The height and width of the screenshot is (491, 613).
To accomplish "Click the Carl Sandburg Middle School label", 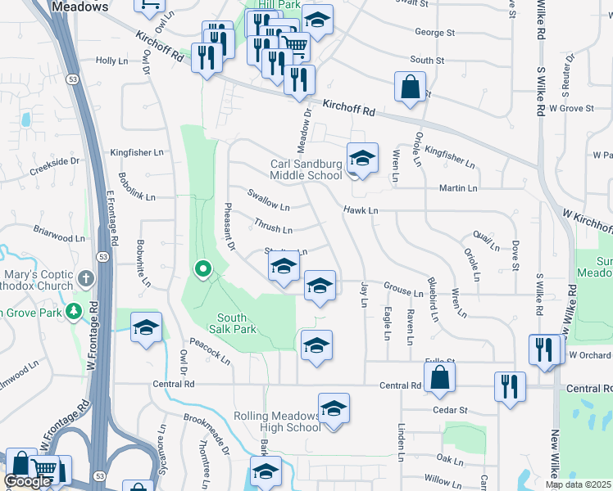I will [x=306, y=169].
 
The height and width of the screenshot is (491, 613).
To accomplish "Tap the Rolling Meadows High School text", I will [x=277, y=421].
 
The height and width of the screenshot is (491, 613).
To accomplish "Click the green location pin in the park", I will [x=202, y=268].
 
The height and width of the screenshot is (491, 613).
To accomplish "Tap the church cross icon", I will [x=85, y=280].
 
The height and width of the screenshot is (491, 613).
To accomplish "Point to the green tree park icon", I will [x=74, y=311].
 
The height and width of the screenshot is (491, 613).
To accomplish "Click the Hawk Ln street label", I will [x=360, y=210].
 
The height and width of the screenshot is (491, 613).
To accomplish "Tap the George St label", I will [x=434, y=33].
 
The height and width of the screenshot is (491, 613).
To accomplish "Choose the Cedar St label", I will [x=451, y=410].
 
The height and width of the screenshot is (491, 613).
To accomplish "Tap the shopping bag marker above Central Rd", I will [x=440, y=376].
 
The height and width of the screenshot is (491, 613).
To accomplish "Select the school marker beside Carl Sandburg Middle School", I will [x=362, y=158].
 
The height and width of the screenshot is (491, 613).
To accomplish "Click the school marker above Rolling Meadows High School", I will [x=334, y=408].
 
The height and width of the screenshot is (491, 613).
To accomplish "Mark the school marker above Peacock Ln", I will [x=147, y=328].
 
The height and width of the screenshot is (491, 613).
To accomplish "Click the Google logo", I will [x=28, y=481].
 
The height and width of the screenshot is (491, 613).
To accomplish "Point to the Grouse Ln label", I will [x=403, y=290].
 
